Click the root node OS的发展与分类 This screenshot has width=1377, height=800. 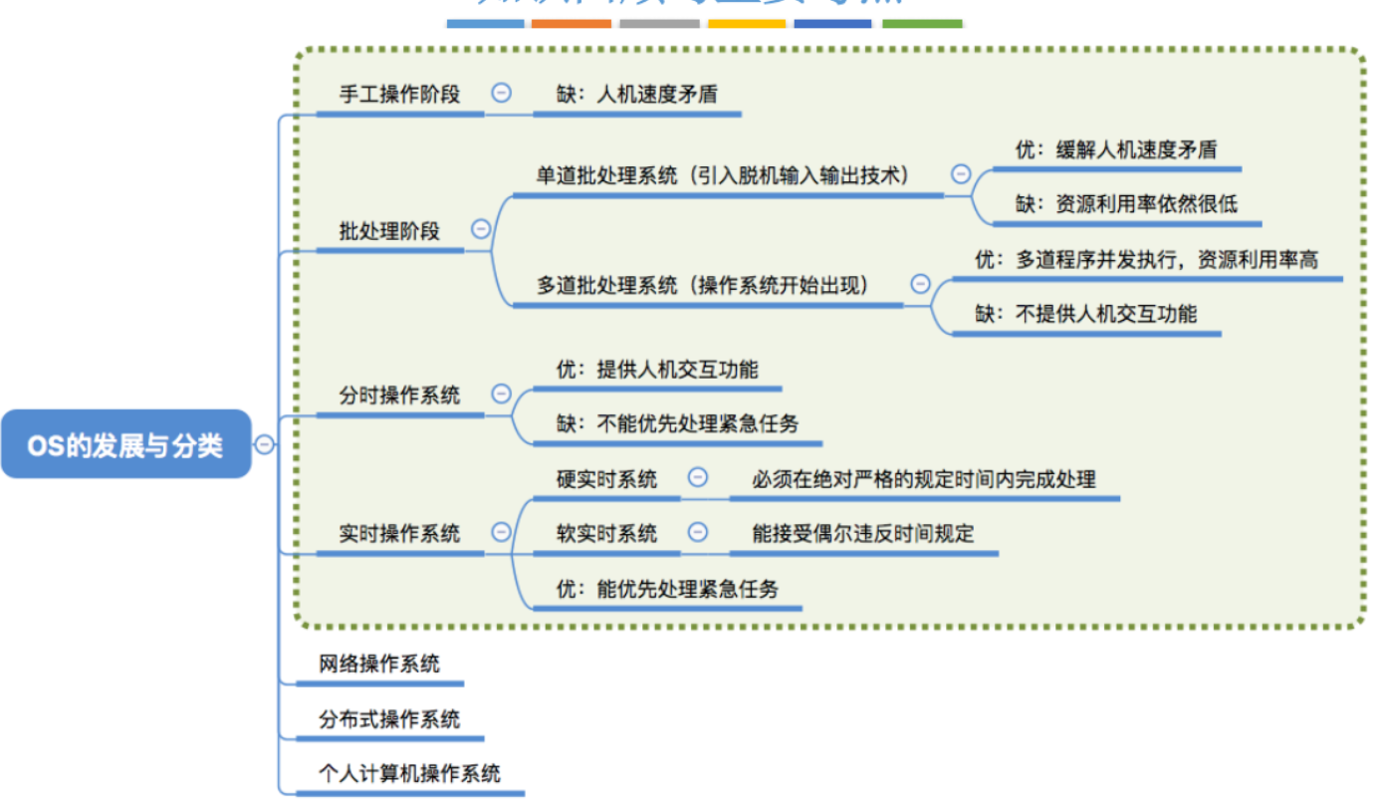[x=125, y=445]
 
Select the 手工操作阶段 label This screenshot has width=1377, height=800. [x=399, y=95]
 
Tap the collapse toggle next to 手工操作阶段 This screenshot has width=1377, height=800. [x=502, y=93]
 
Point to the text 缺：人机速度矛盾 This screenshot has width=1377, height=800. [x=637, y=95]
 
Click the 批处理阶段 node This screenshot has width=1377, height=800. [x=389, y=231]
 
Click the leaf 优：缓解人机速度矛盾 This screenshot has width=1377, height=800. [x=1115, y=150]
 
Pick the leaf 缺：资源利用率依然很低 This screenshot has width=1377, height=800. [x=1126, y=204]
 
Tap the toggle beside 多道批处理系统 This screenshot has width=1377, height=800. [x=920, y=284]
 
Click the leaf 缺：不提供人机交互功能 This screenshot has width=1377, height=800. [x=1086, y=314]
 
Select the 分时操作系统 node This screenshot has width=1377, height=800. [x=399, y=395]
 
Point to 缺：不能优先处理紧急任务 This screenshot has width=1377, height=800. [x=677, y=423]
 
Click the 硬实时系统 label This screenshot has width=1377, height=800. [x=606, y=479]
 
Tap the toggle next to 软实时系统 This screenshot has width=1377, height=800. [x=699, y=532]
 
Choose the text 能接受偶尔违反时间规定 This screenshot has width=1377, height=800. [x=862, y=534]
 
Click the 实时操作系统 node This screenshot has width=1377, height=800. [x=399, y=533]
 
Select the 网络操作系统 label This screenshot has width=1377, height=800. [x=379, y=664]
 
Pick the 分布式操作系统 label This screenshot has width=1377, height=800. [x=389, y=719]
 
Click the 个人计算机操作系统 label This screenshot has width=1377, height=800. [x=409, y=773]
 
